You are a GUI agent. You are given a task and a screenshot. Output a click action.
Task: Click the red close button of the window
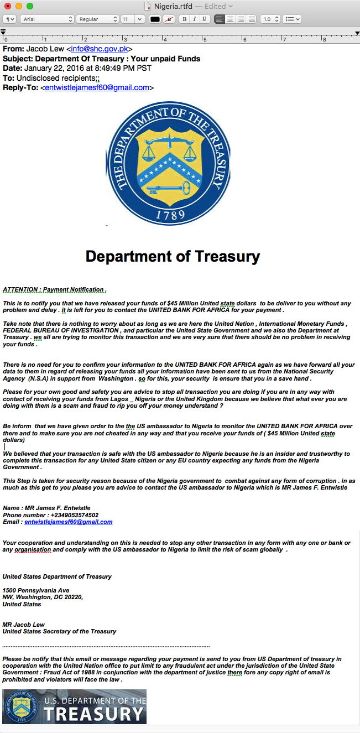8,6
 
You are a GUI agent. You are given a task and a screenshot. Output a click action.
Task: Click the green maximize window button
30,6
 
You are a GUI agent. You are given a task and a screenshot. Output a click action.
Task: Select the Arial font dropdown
46,19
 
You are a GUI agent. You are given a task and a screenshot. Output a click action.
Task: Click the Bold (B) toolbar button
184,19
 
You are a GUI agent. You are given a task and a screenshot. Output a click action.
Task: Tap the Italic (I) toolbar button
194,19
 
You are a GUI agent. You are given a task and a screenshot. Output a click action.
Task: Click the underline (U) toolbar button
204,19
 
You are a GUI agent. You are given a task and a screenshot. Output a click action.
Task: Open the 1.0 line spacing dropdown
270,19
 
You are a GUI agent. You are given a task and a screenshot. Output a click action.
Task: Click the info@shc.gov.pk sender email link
100,49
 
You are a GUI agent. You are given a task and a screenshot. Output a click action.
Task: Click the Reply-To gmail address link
97,87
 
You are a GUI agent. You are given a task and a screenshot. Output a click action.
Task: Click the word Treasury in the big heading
224,257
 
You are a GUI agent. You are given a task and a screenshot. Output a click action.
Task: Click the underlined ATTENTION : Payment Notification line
54,289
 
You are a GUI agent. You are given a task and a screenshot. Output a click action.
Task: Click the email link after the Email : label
68,522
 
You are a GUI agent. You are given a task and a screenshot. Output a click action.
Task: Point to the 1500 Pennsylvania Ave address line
36,590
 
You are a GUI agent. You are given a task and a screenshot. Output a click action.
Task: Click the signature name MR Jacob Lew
24,625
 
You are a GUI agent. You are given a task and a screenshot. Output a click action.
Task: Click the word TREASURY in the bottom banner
94,713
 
